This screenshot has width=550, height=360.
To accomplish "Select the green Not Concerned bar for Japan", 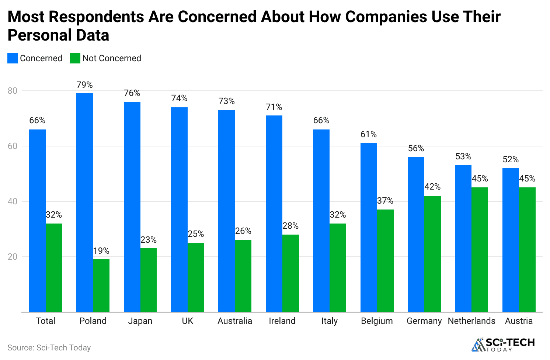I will [149, 280].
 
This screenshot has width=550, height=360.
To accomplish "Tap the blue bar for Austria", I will [511, 240].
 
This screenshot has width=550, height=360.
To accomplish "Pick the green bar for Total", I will [54, 267].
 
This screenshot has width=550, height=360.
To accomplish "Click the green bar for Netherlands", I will [480, 249].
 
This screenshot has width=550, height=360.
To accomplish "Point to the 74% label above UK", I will [179, 98].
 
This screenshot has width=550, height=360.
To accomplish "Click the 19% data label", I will [101, 251].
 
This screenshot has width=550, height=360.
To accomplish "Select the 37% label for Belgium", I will [385, 201].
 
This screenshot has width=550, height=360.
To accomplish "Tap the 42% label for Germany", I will [432, 187].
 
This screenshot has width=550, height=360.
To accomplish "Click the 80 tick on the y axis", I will [13, 91].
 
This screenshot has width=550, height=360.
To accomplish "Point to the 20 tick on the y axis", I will [13, 257].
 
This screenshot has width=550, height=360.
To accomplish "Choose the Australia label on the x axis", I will [235, 321].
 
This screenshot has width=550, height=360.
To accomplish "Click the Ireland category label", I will [282, 321].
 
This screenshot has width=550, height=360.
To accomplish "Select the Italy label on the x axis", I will [329, 321].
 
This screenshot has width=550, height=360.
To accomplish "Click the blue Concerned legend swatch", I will [13, 58].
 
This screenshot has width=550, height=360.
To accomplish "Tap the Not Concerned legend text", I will [112, 58].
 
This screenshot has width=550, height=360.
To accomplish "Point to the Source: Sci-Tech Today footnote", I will [49, 347].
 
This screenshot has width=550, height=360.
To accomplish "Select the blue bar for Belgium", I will [369, 227].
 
